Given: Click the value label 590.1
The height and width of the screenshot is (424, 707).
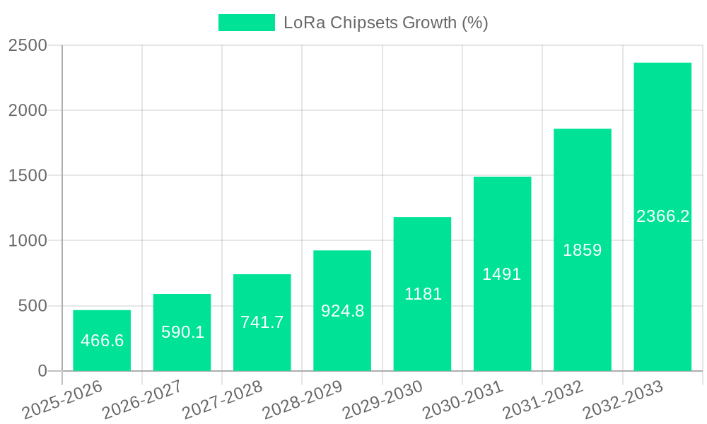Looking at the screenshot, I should pos(182,331).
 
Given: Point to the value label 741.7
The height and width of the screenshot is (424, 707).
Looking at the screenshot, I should pos(262,322).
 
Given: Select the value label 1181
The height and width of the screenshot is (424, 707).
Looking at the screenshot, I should pos(423,294).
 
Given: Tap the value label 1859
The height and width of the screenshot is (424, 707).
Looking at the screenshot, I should pos(583,250).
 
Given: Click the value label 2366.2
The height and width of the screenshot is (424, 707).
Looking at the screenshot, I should pos(662,217).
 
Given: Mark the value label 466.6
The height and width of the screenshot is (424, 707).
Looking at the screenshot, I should pos(103,341).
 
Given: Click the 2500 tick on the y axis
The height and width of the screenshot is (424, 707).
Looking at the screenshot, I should pos(28,45).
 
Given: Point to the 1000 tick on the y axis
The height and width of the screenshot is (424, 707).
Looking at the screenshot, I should pos(28,241).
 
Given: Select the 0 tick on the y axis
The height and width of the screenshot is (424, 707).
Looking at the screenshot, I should pos(42,371).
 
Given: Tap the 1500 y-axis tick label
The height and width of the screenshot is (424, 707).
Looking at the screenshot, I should pos(28,175).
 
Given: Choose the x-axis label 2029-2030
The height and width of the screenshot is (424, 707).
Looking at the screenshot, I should pos(382,400).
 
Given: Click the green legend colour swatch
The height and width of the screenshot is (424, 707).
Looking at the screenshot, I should pos(246,23).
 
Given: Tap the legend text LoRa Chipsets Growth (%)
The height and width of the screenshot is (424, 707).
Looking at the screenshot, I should pos(385,23).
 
